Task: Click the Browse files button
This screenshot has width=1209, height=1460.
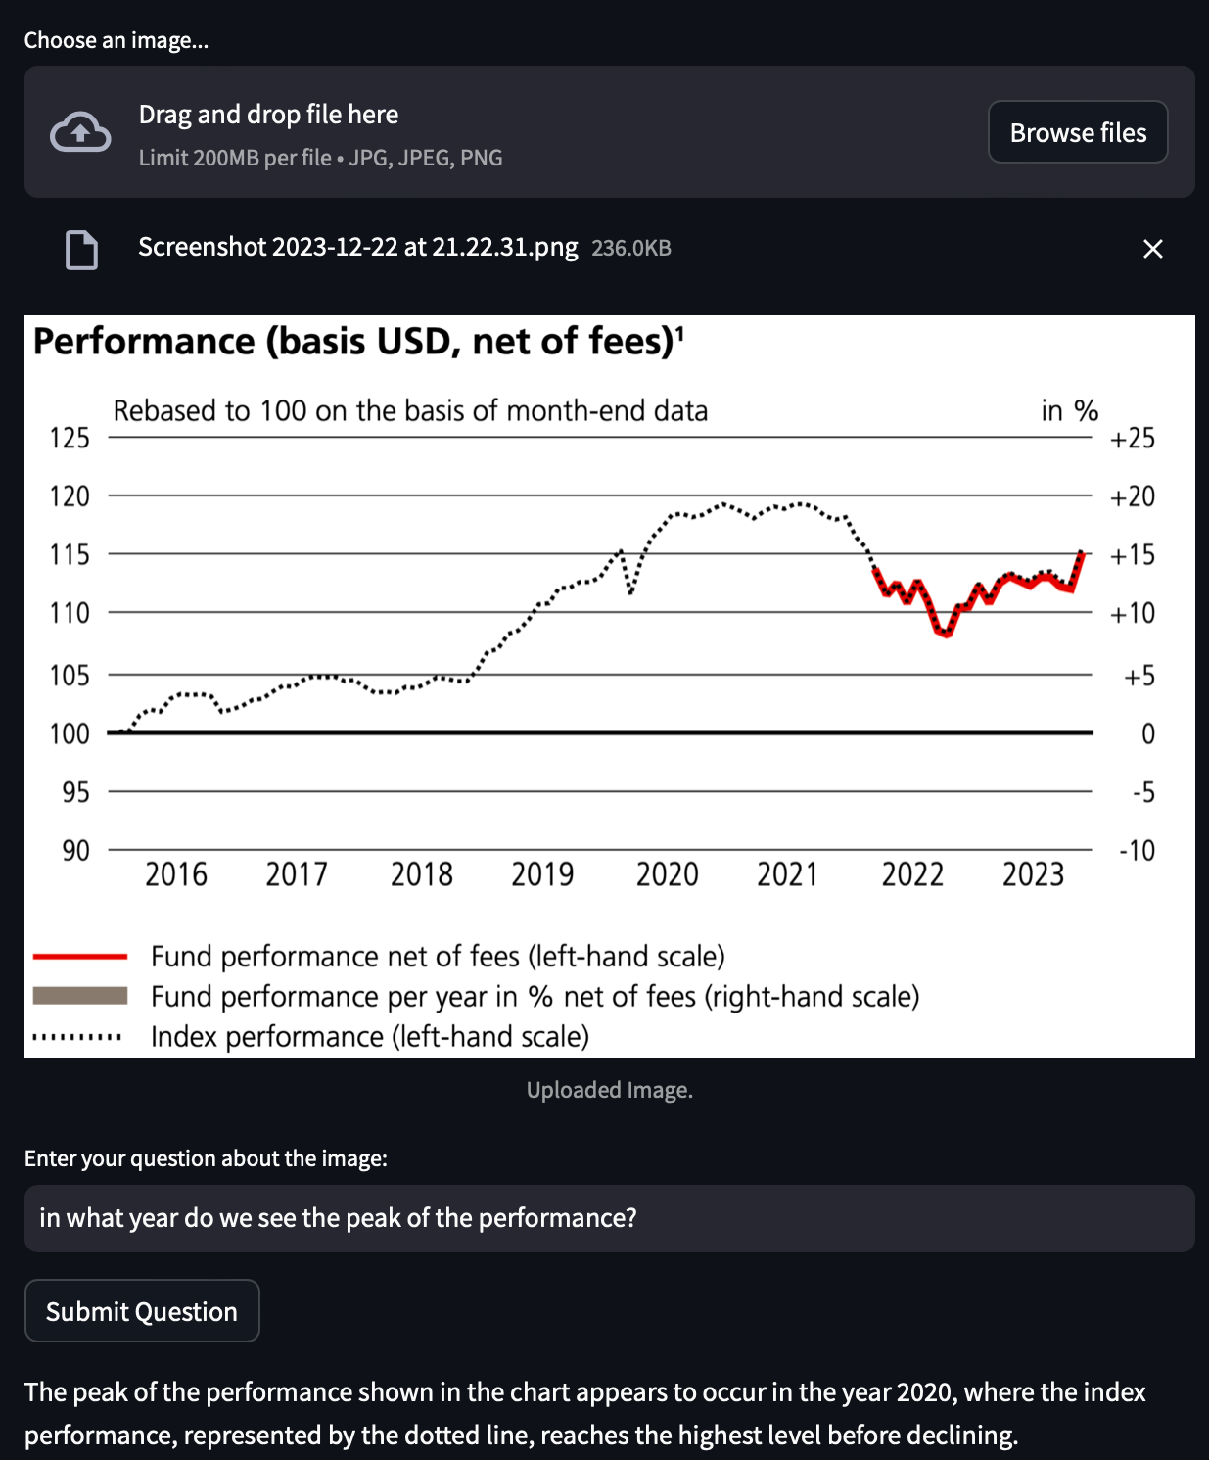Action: click(1078, 132)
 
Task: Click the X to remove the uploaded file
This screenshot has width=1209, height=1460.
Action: click(1153, 249)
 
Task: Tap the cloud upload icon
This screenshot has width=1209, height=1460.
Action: click(80, 132)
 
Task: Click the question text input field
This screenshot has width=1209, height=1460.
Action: click(609, 1218)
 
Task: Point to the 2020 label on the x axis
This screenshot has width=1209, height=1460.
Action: click(667, 873)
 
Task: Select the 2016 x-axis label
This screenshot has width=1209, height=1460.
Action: click(176, 873)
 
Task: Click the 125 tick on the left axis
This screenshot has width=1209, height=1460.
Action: click(70, 438)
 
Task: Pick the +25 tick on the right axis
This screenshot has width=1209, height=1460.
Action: click(1132, 438)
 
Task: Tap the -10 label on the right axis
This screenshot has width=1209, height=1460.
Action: click(1137, 850)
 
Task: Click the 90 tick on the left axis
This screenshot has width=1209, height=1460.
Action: click(75, 850)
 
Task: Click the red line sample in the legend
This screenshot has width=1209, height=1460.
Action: click(80, 956)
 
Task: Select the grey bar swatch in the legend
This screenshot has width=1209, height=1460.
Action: click(80, 996)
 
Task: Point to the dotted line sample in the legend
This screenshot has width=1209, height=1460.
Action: click(78, 1036)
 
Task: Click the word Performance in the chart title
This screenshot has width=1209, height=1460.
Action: click(144, 342)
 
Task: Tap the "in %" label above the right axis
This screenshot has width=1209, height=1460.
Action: click(1069, 410)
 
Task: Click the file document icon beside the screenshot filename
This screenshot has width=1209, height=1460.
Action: click(81, 249)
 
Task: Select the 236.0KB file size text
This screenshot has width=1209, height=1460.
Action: click(631, 248)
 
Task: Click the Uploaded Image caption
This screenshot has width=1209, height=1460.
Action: click(609, 1090)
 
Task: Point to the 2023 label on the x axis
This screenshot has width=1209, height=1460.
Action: click(1033, 873)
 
